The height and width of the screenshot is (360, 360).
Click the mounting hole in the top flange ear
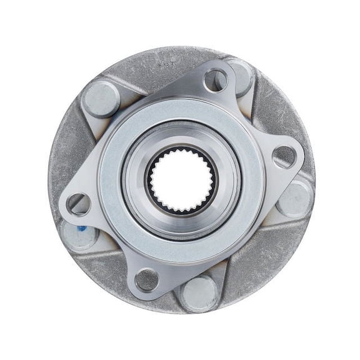(215, 79)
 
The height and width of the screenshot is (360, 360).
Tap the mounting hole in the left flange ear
(78, 204)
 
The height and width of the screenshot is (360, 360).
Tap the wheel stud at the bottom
(199, 293)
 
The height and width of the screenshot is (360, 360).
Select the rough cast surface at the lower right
(262, 262)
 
